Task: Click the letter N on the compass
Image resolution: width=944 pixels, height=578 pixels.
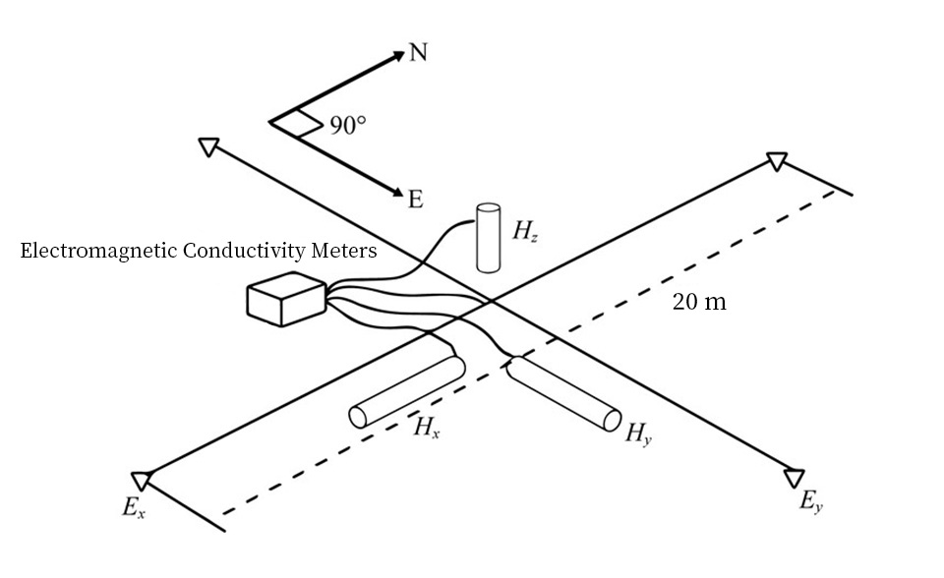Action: [x=418, y=53]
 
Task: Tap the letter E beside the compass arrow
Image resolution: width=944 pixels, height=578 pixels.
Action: [x=415, y=200]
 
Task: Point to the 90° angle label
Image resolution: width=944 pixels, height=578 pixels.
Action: [x=348, y=126]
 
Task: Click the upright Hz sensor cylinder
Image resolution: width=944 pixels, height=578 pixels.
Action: [x=489, y=237]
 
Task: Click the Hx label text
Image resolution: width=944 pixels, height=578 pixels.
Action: [x=425, y=428]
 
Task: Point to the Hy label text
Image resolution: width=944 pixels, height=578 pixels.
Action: [x=638, y=433]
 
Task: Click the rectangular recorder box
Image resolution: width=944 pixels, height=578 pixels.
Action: [x=286, y=299]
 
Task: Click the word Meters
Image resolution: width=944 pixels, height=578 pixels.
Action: [x=345, y=252]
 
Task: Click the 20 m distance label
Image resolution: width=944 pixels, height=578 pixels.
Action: [x=699, y=302]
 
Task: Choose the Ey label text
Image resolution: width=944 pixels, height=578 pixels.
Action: [x=811, y=503]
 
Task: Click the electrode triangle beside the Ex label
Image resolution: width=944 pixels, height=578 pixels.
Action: [x=143, y=480]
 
